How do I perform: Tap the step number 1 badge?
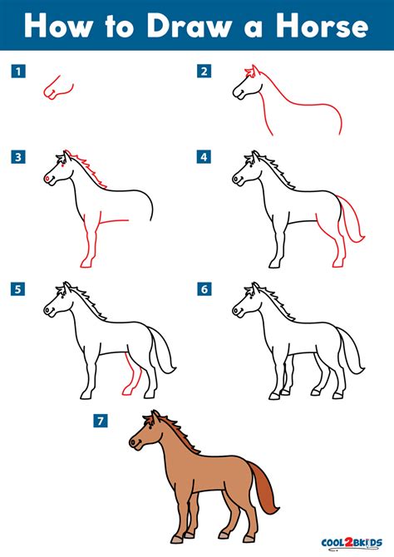[x=16, y=71]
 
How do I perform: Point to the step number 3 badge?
[x=16, y=155]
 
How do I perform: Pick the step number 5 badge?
[x=16, y=289]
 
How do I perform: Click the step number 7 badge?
[x=101, y=421]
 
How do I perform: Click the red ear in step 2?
[x=248, y=72]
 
